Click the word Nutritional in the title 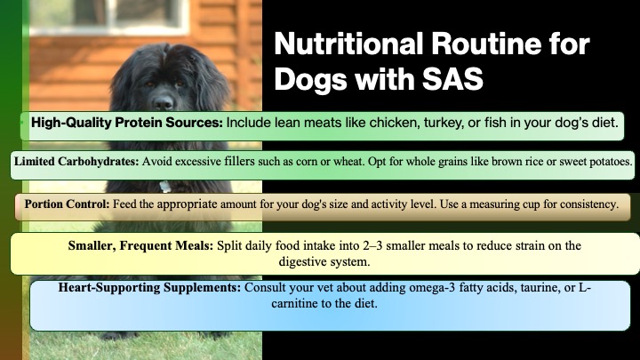pyautogui.click(x=348, y=44)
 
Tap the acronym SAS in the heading pyautogui.click(x=452, y=78)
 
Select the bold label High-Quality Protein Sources pyautogui.click(x=127, y=123)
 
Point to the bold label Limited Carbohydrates pyautogui.click(x=76, y=162)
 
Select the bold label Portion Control pyautogui.click(x=67, y=204)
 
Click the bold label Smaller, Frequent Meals pyautogui.click(x=140, y=245)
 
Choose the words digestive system pyautogui.click(x=324, y=261)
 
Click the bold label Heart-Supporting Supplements pyautogui.click(x=149, y=288)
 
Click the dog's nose pyautogui.click(x=164, y=101)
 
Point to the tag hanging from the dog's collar pyautogui.click(x=165, y=187)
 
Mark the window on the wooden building pyautogui.click(x=109, y=15)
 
